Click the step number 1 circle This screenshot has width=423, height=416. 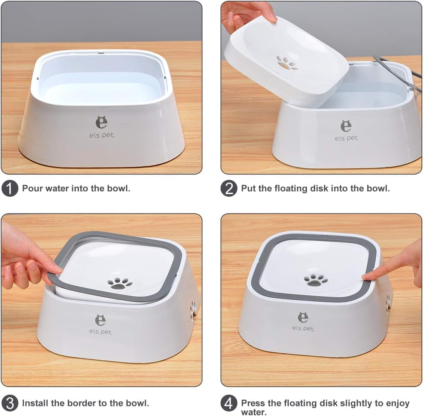click(x=10, y=188)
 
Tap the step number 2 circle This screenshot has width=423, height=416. click(x=229, y=188)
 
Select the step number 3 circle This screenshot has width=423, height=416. click(x=10, y=403)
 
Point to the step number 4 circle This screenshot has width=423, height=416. click(x=229, y=403)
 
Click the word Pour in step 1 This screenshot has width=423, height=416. click(x=33, y=188)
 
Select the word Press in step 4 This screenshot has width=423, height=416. click(x=254, y=403)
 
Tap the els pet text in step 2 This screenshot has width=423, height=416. click(x=346, y=138)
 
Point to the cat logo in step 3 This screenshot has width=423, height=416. click(x=101, y=320)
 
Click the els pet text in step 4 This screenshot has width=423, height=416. click(x=303, y=329)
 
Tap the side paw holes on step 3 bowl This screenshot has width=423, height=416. click(x=193, y=310)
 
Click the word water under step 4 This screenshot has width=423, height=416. click(x=254, y=412)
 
